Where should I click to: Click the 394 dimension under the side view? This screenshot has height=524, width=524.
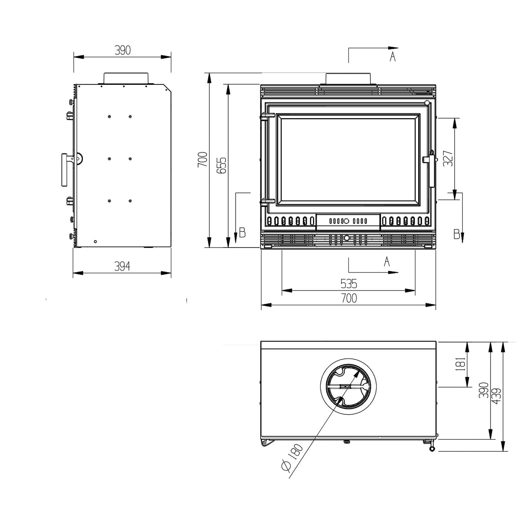pyautogui.click(x=122, y=266)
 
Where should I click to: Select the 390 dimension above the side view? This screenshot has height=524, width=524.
pyautogui.click(x=123, y=50)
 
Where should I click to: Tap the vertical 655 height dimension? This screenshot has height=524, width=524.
pyautogui.click(x=221, y=165)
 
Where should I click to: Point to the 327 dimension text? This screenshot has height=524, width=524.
pyautogui.click(x=448, y=158)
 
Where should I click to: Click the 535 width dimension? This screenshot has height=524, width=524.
pyautogui.click(x=349, y=284)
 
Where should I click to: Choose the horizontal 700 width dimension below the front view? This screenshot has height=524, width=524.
pyautogui.click(x=349, y=298)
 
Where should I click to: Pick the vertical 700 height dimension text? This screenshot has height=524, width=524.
pyautogui.click(x=203, y=160)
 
